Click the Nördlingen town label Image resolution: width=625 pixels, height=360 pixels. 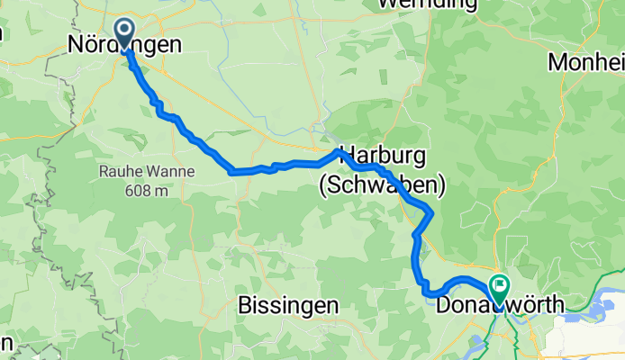click(x=124, y=44)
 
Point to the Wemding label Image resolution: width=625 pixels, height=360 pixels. click(x=427, y=4)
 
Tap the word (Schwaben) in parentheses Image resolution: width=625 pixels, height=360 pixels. click(x=382, y=185)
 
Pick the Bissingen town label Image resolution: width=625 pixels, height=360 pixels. click(x=288, y=305)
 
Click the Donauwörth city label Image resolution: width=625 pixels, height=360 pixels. click(x=500, y=306)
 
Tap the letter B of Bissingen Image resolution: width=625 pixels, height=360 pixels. click(x=245, y=305)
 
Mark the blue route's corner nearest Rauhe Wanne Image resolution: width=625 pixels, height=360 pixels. click(x=232, y=170)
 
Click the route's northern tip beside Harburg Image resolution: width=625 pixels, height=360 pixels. click(x=339, y=150)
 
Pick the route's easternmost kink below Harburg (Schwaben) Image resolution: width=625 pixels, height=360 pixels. click(x=433, y=212)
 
